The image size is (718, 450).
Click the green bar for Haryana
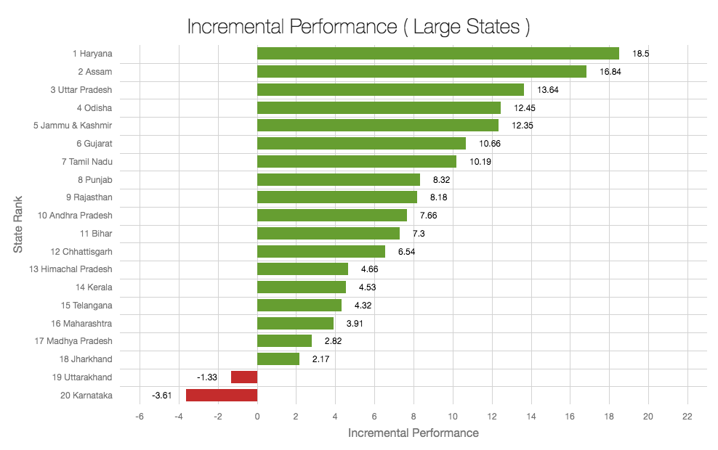click(x=437, y=54)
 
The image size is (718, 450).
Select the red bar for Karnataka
click(x=222, y=396)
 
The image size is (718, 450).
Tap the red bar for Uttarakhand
click(x=244, y=377)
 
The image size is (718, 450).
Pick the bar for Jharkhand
click(x=278, y=359)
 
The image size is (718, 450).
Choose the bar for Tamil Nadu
click(x=357, y=162)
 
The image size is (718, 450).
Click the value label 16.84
click(x=610, y=72)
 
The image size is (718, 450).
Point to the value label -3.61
click(x=161, y=396)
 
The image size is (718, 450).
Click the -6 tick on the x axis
click(x=140, y=417)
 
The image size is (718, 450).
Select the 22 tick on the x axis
click(x=687, y=417)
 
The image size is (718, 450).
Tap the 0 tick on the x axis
click(x=257, y=417)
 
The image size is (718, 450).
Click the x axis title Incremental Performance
click(x=414, y=433)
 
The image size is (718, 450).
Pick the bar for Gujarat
click(x=361, y=144)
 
